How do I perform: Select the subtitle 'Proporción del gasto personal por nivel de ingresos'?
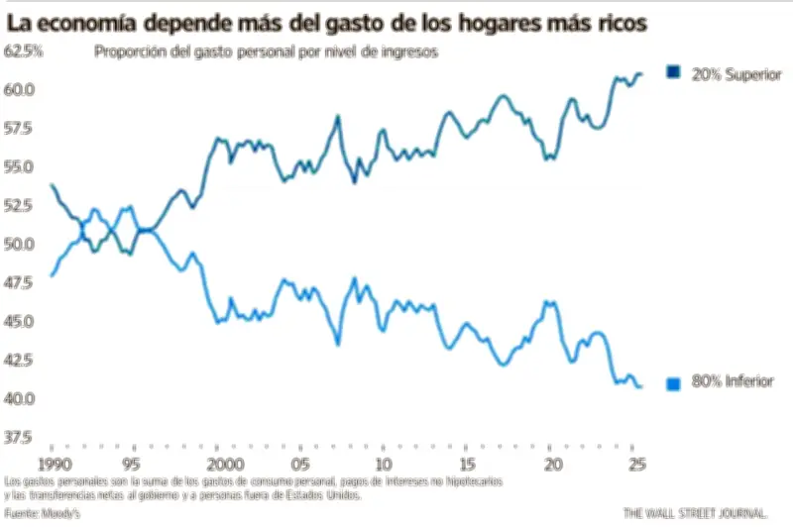(x=267, y=52)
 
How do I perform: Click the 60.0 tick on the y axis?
(x=21, y=89)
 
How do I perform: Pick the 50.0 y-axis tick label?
(x=21, y=244)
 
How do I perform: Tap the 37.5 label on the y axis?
(x=21, y=437)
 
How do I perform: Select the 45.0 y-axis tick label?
(x=21, y=321)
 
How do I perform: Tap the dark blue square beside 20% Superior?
(x=675, y=73)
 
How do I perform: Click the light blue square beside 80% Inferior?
(x=675, y=383)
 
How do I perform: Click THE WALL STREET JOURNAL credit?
(x=695, y=513)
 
